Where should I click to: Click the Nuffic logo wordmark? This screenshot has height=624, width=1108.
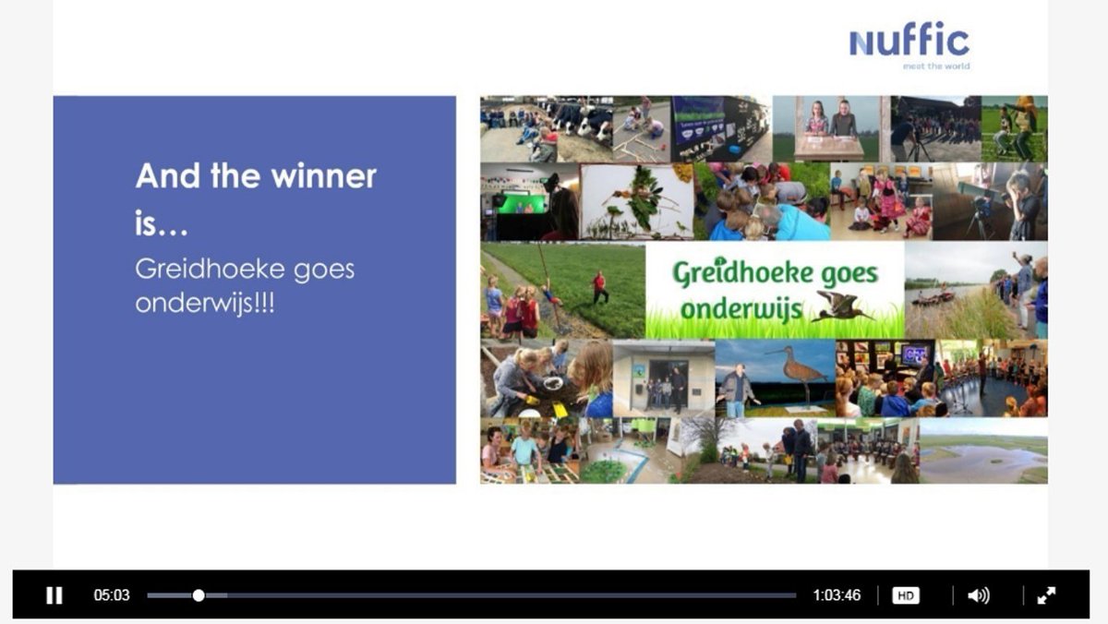(909, 41)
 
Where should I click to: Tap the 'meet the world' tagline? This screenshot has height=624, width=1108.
(935, 66)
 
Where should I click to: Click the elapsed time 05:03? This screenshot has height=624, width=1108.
(112, 595)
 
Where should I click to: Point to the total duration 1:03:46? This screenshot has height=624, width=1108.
(837, 595)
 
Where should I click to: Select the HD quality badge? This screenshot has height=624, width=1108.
(906, 595)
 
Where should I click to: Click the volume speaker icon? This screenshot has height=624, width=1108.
(977, 595)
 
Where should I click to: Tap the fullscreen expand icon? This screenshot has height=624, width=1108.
(1046, 595)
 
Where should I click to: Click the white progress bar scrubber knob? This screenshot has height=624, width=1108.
(199, 595)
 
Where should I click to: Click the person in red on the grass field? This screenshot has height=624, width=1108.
(600, 286)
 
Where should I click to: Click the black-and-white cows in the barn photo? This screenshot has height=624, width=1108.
(582, 119)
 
